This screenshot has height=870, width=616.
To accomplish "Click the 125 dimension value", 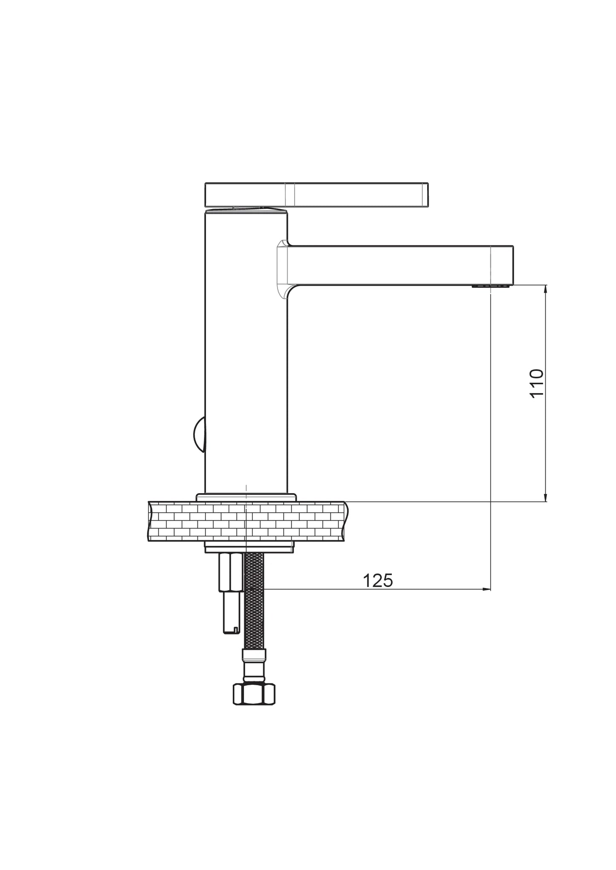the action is [x=378, y=580].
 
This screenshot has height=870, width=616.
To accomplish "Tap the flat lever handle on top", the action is [x=316, y=195].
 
